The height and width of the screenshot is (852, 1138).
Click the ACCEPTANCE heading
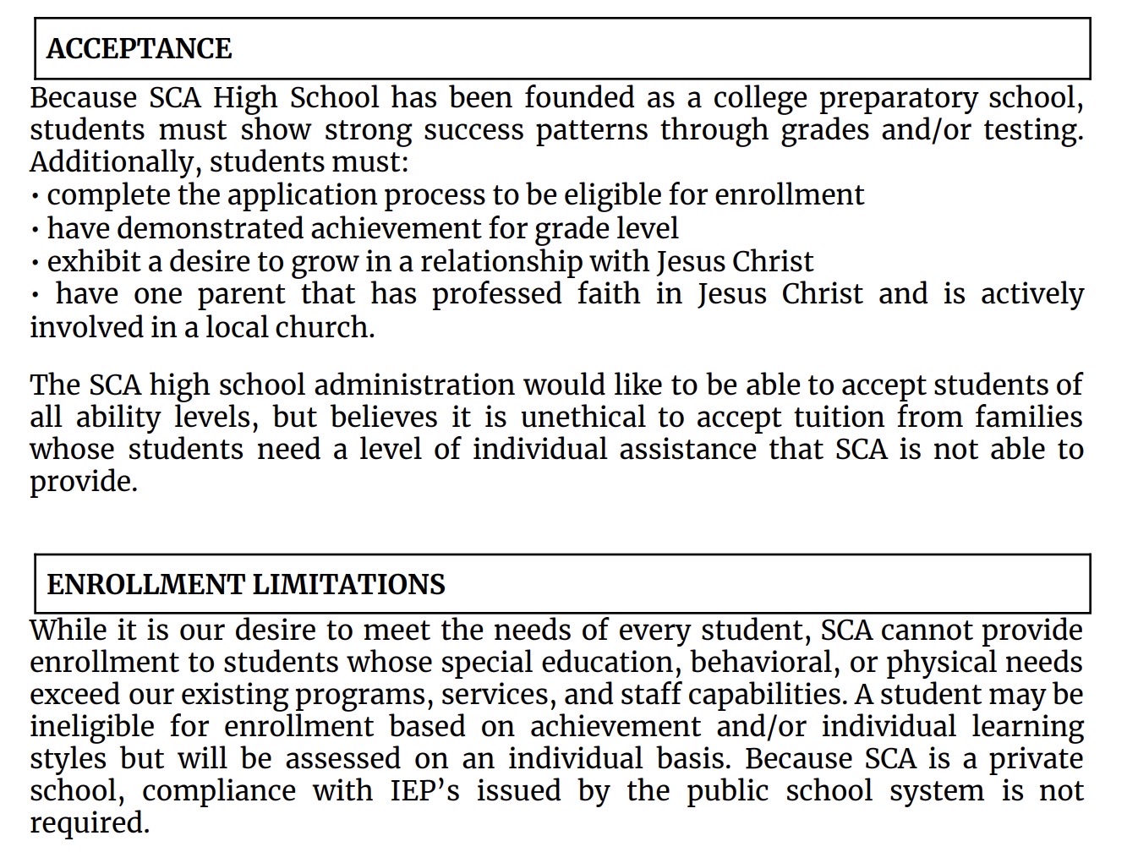pyautogui.click(x=139, y=49)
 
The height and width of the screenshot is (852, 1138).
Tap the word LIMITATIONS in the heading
pyautogui.click(x=348, y=585)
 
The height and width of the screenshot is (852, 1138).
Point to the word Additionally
pyautogui.click(x=112, y=161)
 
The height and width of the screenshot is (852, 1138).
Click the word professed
pyautogui.click(x=496, y=294)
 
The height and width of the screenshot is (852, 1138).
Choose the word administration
pyautogui.click(x=413, y=385)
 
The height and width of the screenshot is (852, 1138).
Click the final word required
pyautogui.click(x=89, y=823)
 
